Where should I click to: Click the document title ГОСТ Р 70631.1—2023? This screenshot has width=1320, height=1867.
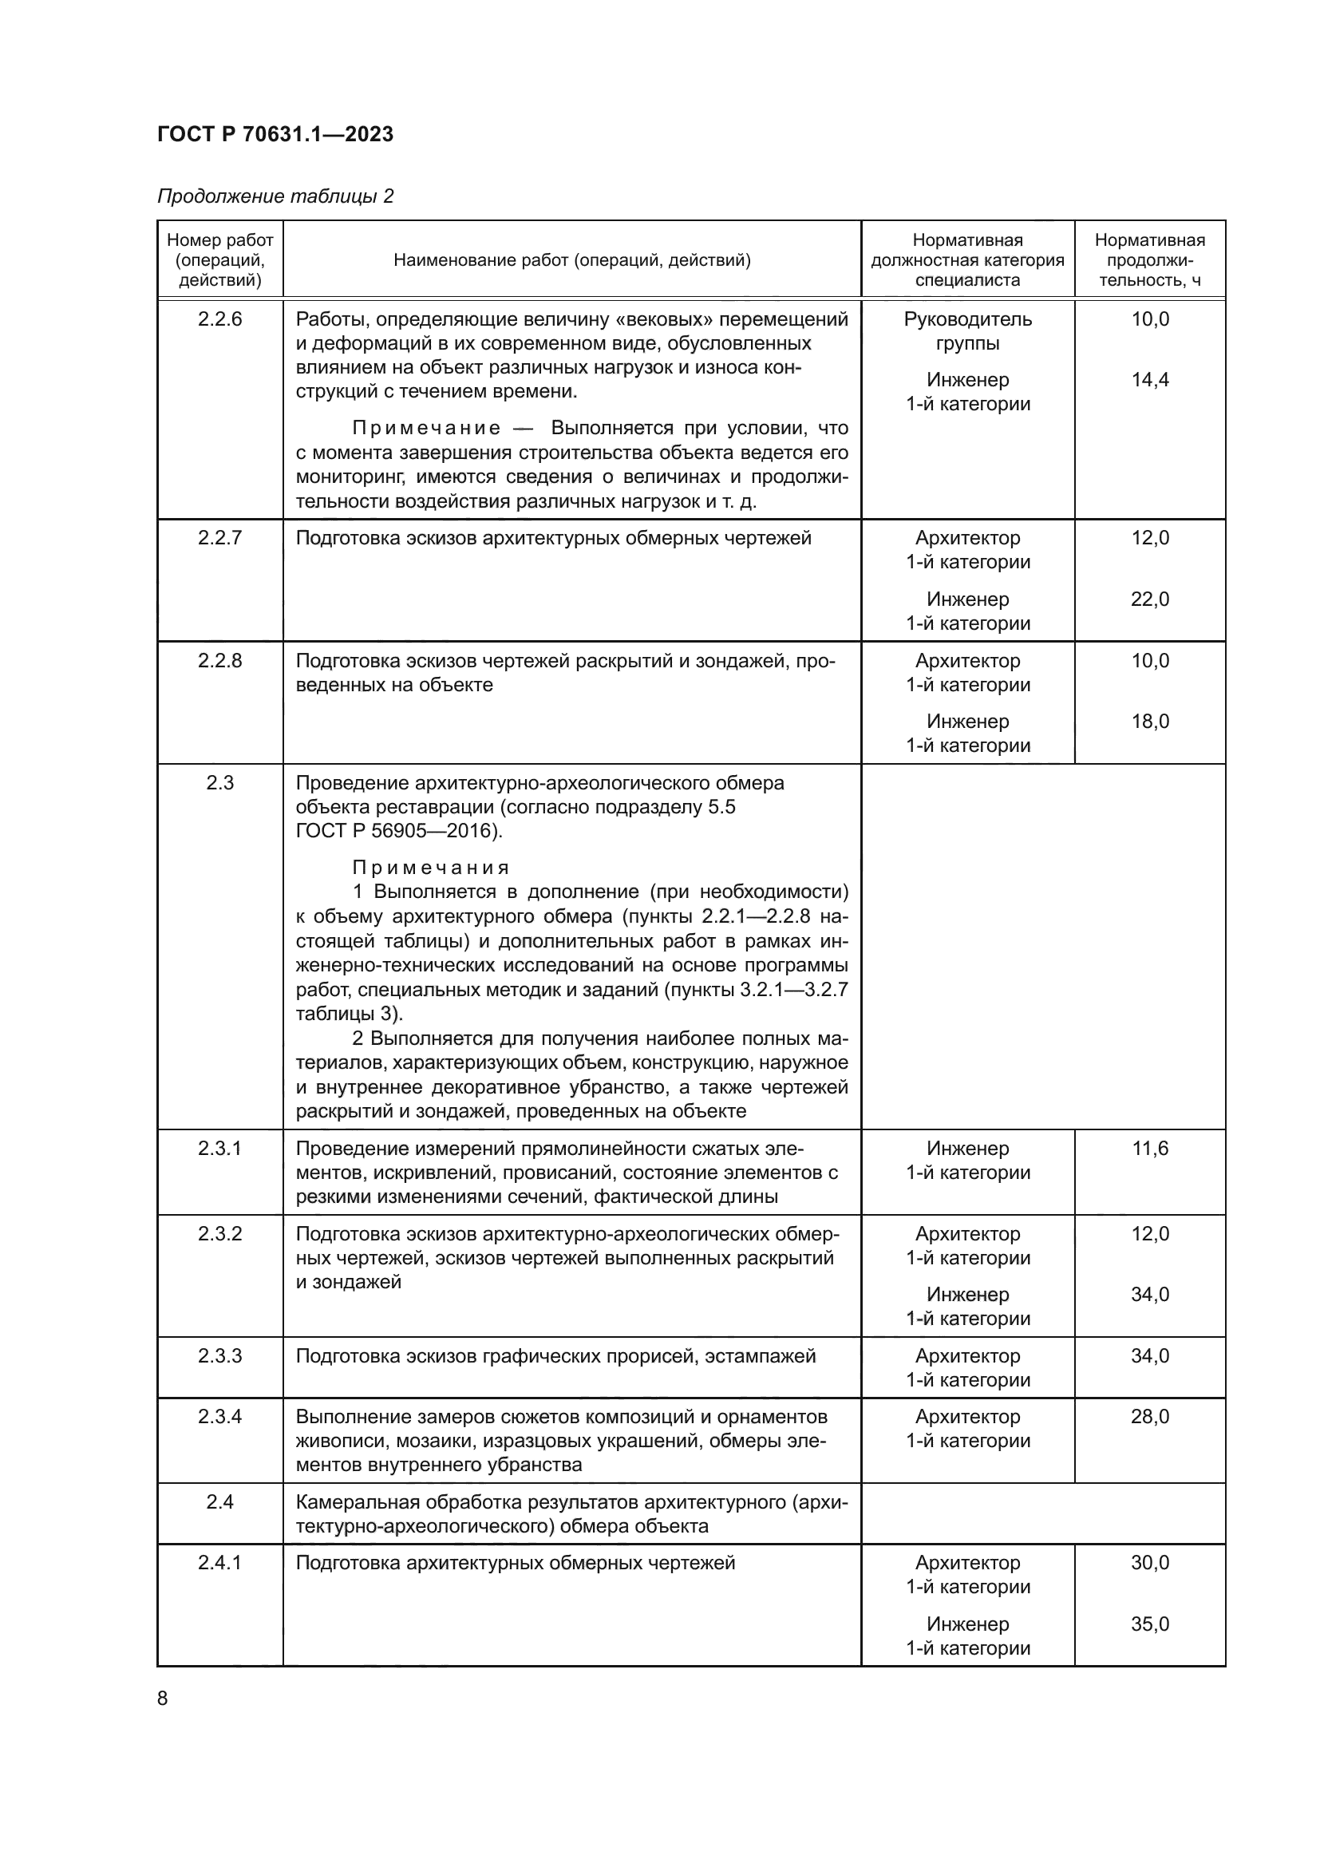click(275, 134)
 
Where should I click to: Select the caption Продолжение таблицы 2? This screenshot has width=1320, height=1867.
click(275, 196)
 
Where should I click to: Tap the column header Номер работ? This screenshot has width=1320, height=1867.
click(219, 241)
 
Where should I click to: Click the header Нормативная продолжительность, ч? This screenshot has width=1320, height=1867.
click(1149, 260)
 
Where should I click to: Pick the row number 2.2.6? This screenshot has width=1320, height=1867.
click(219, 318)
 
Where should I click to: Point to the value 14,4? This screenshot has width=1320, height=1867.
click(1149, 380)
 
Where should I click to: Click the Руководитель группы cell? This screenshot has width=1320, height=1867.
click(967, 331)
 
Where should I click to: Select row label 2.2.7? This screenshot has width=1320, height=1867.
click(219, 538)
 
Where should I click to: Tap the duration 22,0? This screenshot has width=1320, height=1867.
click(1149, 599)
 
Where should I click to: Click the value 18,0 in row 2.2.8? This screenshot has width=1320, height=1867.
click(1149, 722)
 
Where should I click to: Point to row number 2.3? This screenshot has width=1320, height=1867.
click(219, 783)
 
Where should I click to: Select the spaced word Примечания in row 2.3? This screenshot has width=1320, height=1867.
click(431, 868)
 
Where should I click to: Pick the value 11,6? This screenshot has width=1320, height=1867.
click(1149, 1148)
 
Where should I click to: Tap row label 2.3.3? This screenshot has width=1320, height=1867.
click(219, 1355)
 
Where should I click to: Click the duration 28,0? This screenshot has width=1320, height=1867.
click(1149, 1417)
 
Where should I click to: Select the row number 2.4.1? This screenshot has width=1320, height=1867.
click(219, 1562)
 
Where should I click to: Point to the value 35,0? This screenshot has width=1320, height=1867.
click(1149, 1624)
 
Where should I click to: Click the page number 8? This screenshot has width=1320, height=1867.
click(163, 1699)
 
